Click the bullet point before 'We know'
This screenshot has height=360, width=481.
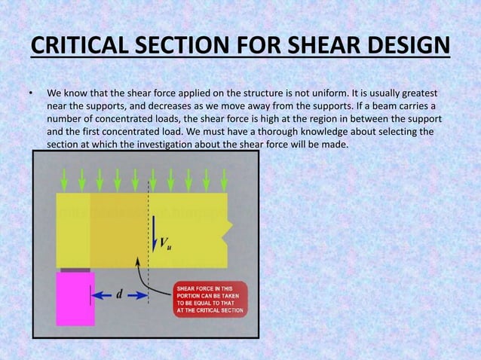click(31, 95)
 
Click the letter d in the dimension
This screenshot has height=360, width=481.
click(118, 294)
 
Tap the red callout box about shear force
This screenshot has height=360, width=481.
click(207, 297)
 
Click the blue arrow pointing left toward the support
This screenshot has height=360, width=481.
click(101, 294)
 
